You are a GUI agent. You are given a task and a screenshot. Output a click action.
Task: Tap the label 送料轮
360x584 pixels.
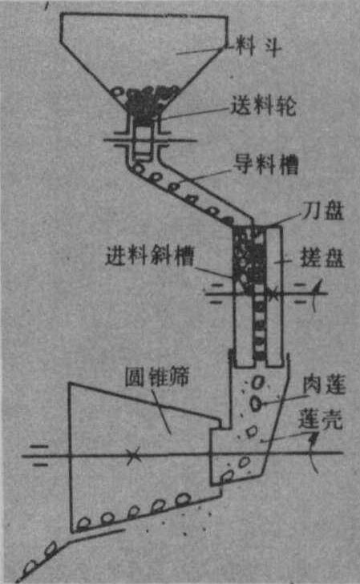click(x=264, y=106)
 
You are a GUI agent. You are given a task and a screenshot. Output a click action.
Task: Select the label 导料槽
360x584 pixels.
click(x=265, y=164)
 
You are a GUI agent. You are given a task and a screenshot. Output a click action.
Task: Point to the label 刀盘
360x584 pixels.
click(x=323, y=211)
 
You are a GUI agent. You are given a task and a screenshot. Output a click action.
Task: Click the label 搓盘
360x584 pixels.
click(x=322, y=257)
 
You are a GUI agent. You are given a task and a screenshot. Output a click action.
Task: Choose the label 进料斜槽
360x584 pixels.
click(x=150, y=256)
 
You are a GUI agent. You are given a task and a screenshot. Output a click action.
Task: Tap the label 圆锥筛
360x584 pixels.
click(x=157, y=377)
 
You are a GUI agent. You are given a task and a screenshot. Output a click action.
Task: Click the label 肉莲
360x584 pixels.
click(x=324, y=385)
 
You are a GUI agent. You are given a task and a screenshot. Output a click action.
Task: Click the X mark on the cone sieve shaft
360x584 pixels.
click(x=133, y=456)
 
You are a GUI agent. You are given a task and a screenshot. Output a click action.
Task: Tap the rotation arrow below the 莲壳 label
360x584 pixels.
click(x=313, y=453)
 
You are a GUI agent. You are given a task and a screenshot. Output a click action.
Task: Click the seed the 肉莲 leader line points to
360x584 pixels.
click(x=256, y=404)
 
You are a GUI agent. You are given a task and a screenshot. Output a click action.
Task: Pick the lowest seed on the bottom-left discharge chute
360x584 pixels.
click(x=30, y=569)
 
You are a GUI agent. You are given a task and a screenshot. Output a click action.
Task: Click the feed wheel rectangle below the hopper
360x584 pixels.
click(x=143, y=139)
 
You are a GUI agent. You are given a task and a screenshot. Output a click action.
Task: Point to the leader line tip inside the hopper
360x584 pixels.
click(x=177, y=54)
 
